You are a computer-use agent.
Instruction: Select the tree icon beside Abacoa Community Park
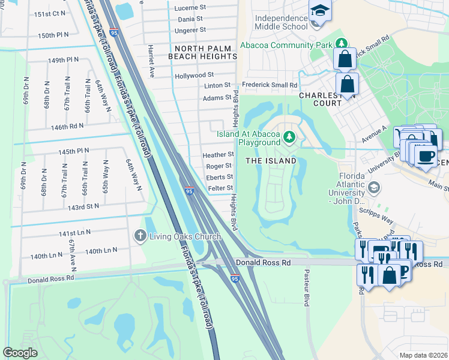point(342,44)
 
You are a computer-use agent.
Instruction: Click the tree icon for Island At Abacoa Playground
point(290,137)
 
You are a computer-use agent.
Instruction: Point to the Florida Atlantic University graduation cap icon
point(373,188)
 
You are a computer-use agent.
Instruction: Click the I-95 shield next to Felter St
point(189,191)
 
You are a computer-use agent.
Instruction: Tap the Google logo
point(20,353)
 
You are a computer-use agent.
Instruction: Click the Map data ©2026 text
point(424,355)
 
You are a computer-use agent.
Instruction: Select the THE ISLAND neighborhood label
point(271,161)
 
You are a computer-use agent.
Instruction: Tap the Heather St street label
point(218,154)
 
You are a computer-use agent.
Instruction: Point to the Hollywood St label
point(194,76)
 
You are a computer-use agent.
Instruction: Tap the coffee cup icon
point(426,157)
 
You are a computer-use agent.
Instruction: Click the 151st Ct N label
point(50,13)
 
